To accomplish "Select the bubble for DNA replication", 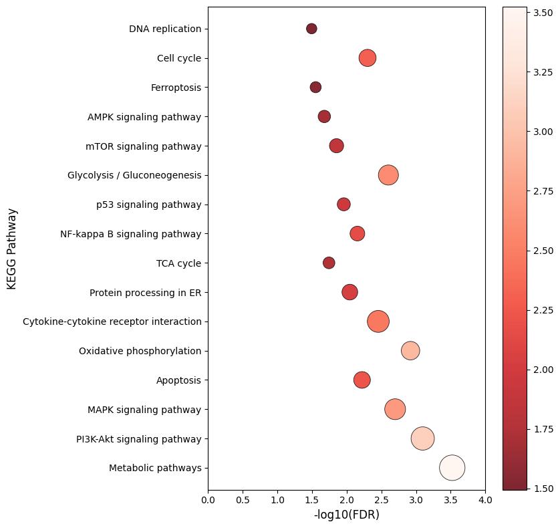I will coord(311,29).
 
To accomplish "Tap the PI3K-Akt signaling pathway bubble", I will coord(422,438).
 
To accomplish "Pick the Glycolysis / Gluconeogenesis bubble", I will coord(388,175).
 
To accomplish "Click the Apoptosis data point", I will coord(362,380).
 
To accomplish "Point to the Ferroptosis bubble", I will coord(315,87).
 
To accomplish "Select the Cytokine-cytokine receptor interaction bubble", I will coord(378,321).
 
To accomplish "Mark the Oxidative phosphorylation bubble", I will coord(410,351).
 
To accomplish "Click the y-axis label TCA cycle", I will coord(178,263).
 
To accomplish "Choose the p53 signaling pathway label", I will coord(148,205).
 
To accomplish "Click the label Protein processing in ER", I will coord(145,293).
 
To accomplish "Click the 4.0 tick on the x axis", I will coord(485,500).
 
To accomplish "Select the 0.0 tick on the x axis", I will coord(208,500).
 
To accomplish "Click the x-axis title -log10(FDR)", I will coord(346,515).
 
